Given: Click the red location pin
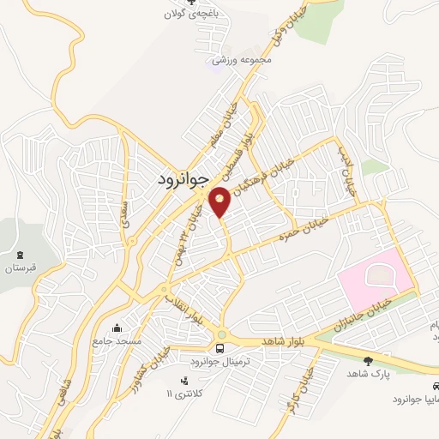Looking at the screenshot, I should pos(220,201).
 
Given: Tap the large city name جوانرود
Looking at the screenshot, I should pos(183,180).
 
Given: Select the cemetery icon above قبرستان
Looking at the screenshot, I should pos(21,255).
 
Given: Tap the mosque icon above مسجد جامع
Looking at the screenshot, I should pos(117,328).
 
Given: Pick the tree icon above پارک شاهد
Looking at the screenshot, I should pos(369,361).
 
